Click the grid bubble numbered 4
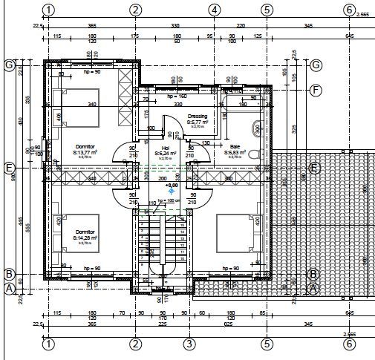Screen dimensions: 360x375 click(214, 10)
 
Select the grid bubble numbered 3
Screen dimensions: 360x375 click(189, 344)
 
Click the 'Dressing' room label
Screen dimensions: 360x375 click(198, 117)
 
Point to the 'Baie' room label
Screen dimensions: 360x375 click(235, 147)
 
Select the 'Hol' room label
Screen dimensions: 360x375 click(166, 148)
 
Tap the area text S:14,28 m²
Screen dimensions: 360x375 click(85, 238)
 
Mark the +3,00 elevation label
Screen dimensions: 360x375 click(172, 185)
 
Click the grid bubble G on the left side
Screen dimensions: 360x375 click(10, 65)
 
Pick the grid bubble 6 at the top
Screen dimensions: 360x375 click(349, 10)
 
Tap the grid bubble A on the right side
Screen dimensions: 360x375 click(313, 288)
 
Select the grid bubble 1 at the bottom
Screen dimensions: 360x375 click(48, 344)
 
